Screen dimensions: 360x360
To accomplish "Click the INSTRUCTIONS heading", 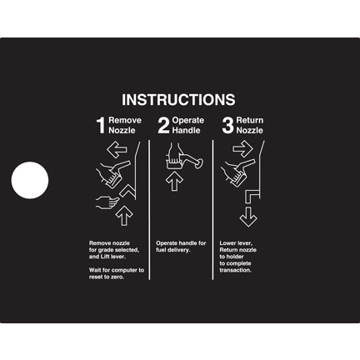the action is [x=178, y=100].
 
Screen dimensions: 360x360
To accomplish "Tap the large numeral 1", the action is [x=101, y=125].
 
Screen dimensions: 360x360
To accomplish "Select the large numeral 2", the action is [x=163, y=125].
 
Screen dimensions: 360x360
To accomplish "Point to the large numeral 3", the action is [x=227, y=125].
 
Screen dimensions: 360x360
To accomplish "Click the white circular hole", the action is [x=30, y=180].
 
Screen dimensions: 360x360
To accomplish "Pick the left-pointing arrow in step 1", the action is [x=117, y=150].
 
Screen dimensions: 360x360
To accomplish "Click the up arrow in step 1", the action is [x=124, y=215].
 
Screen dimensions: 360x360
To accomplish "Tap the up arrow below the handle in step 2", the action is [x=174, y=181].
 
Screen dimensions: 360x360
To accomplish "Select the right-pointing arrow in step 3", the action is [x=242, y=148].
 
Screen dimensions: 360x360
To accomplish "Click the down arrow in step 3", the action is [x=248, y=217].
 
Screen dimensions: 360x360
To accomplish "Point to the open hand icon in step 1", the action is [x=107, y=202].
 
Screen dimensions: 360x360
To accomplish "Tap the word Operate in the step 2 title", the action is [x=188, y=120].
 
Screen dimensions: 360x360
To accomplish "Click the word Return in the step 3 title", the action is [x=250, y=120].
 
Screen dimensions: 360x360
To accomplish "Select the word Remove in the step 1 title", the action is [x=125, y=120].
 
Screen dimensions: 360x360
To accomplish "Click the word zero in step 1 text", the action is [x=117, y=277].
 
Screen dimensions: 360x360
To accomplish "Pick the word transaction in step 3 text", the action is [x=236, y=270].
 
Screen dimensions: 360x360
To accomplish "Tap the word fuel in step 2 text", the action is [x=161, y=250].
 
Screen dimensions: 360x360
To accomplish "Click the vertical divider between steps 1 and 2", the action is [x=149, y=210].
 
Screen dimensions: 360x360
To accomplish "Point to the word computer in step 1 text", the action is [x=125, y=270].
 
